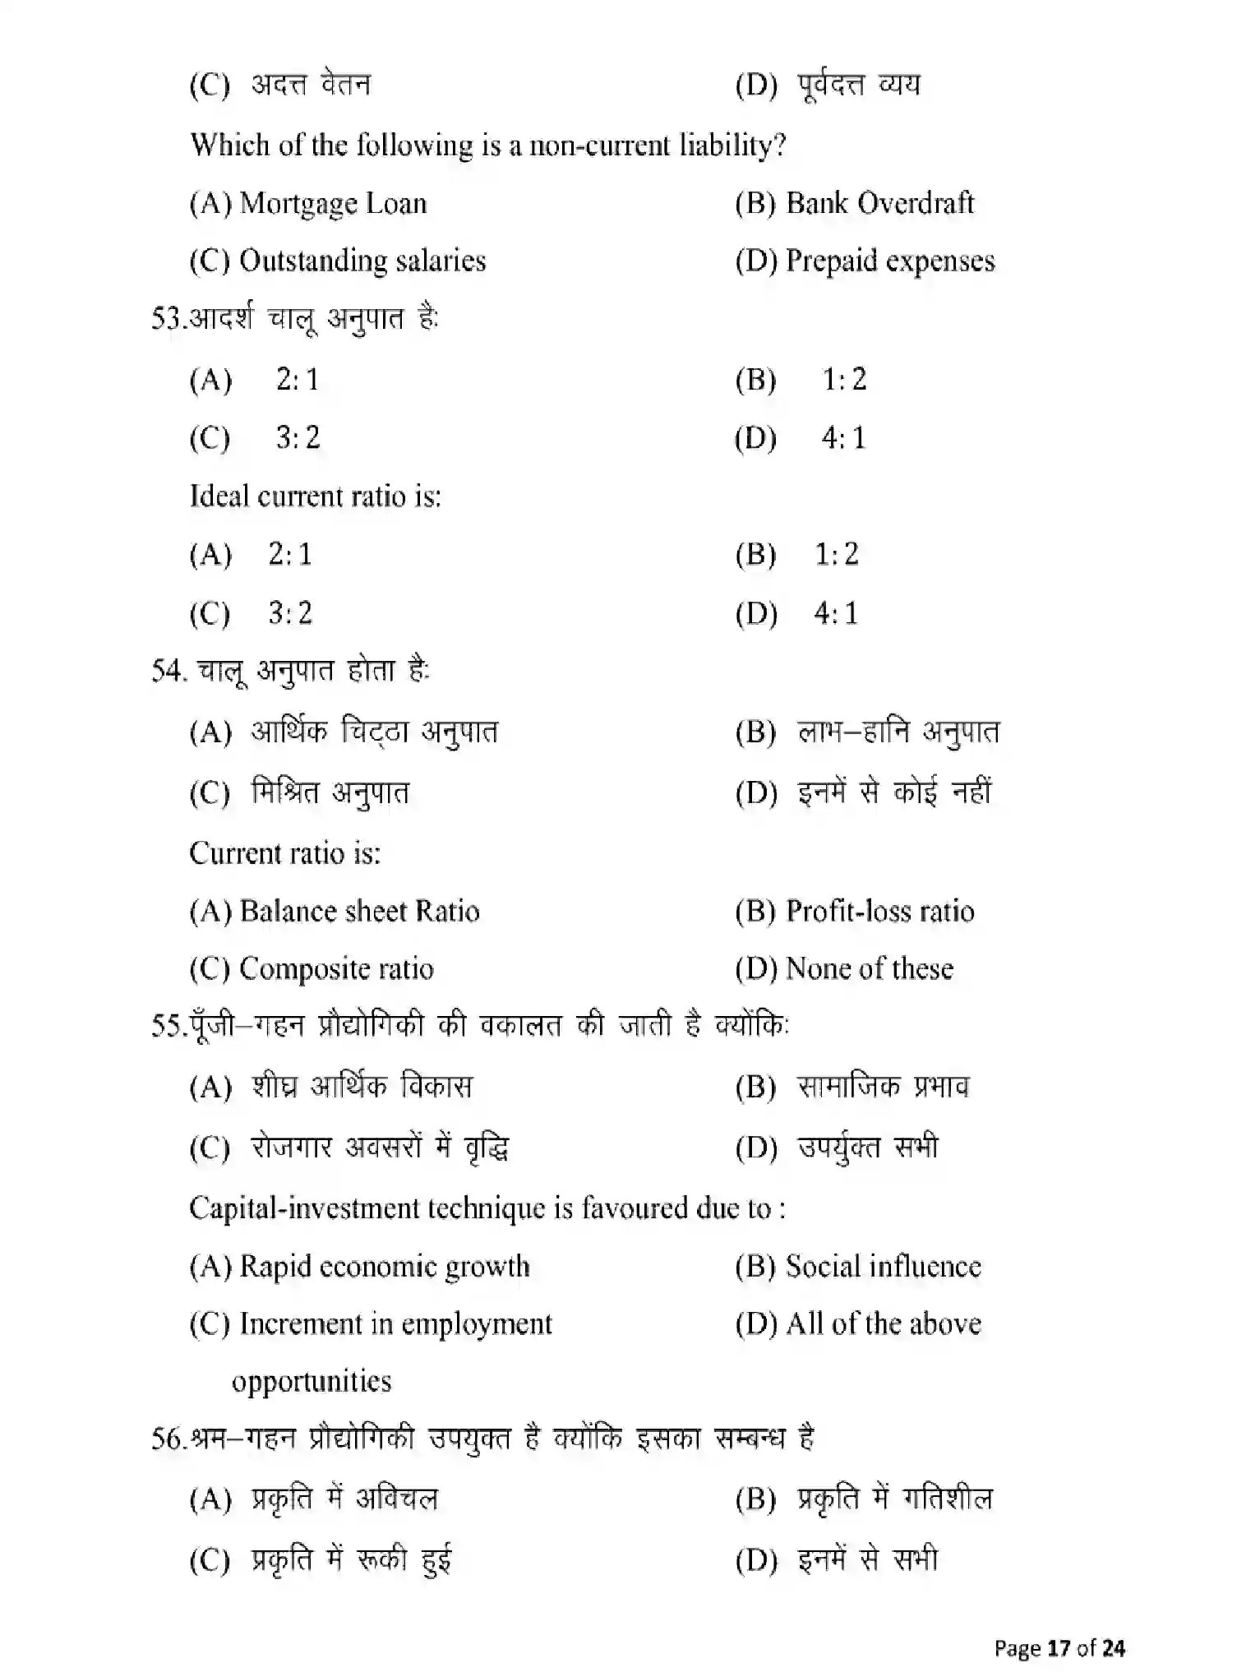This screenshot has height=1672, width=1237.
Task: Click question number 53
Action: pos(165,318)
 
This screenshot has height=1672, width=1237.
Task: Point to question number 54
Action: pos(167,671)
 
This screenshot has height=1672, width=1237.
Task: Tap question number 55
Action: pos(165,1026)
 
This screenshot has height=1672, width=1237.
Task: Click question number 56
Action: pos(165,1439)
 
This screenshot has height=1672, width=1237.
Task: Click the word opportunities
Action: pos(312,1381)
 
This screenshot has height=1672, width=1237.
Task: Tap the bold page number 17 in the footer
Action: pos(1059,1648)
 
